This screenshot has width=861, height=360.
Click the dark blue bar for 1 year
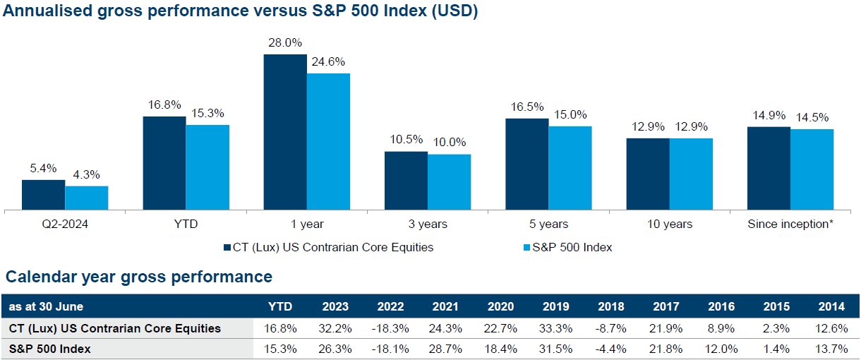285,132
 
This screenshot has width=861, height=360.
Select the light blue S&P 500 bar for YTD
207,167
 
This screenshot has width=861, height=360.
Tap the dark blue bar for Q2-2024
43,195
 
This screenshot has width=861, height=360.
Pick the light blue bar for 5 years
570,168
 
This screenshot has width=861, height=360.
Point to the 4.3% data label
85,175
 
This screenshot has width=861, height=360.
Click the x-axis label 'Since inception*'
789,224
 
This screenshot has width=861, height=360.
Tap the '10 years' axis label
669,224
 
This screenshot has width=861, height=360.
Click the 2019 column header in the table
556,307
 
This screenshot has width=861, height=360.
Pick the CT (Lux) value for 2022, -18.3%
390,328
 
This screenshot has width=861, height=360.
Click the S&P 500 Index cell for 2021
445,349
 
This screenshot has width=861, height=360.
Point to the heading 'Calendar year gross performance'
139,277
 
